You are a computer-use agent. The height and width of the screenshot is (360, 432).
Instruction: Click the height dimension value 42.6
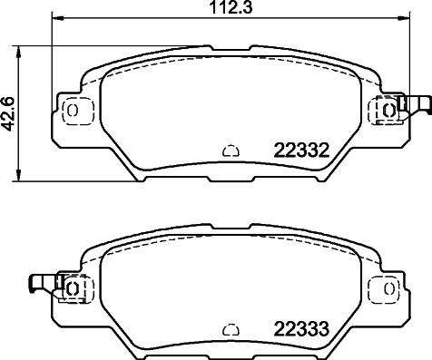[10, 115]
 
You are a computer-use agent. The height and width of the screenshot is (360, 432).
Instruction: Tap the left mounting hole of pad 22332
[74, 110]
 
